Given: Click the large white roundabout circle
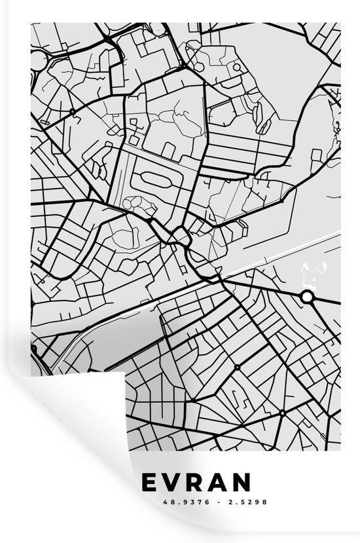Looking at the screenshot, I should tap(307, 297).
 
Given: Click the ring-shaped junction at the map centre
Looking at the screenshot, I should tap(177, 235).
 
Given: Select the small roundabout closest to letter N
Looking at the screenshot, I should tap(282, 413).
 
